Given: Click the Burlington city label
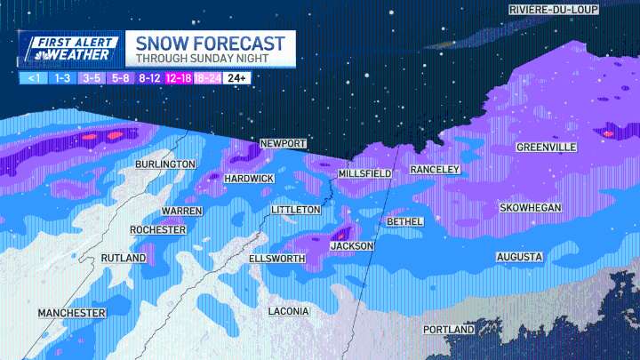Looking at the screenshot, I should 165,165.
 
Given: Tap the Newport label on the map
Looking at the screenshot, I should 283,144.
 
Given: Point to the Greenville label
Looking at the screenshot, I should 547,148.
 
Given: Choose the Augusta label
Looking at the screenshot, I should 519,257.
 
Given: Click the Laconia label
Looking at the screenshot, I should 289,312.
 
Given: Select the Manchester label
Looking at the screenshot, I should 71,314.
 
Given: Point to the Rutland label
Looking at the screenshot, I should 124,258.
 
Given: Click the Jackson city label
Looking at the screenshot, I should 352,246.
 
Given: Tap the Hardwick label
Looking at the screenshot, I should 249,180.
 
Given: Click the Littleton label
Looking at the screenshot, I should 296,210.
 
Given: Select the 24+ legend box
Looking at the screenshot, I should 236,78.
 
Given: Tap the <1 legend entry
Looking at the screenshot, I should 33,78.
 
